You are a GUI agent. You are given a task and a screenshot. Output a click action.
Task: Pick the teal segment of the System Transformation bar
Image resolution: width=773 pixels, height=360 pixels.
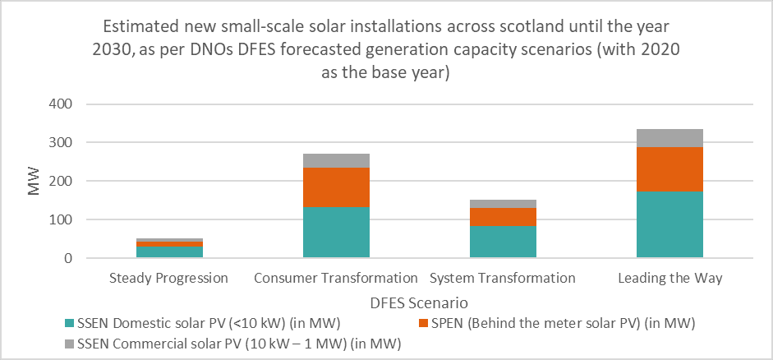503,242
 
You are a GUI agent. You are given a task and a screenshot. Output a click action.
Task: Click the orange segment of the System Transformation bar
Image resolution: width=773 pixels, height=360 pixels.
503,217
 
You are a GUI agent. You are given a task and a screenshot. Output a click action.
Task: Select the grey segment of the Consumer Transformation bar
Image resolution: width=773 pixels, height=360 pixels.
336,160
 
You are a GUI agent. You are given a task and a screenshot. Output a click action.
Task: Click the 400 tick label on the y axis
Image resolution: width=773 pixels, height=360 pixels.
62,104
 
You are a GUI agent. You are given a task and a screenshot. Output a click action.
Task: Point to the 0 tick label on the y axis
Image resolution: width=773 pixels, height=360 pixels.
69,258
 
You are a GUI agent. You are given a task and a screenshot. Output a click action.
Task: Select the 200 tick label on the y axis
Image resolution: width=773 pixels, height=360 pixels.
62,181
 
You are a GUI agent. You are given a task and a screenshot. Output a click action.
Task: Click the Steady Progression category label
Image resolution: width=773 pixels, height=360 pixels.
169,278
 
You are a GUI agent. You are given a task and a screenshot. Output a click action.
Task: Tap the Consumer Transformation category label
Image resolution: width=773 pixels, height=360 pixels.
336,278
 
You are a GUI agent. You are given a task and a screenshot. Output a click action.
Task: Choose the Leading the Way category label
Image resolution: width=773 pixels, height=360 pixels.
669,278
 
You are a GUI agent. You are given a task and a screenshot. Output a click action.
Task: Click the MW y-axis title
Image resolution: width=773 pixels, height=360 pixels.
34,182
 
